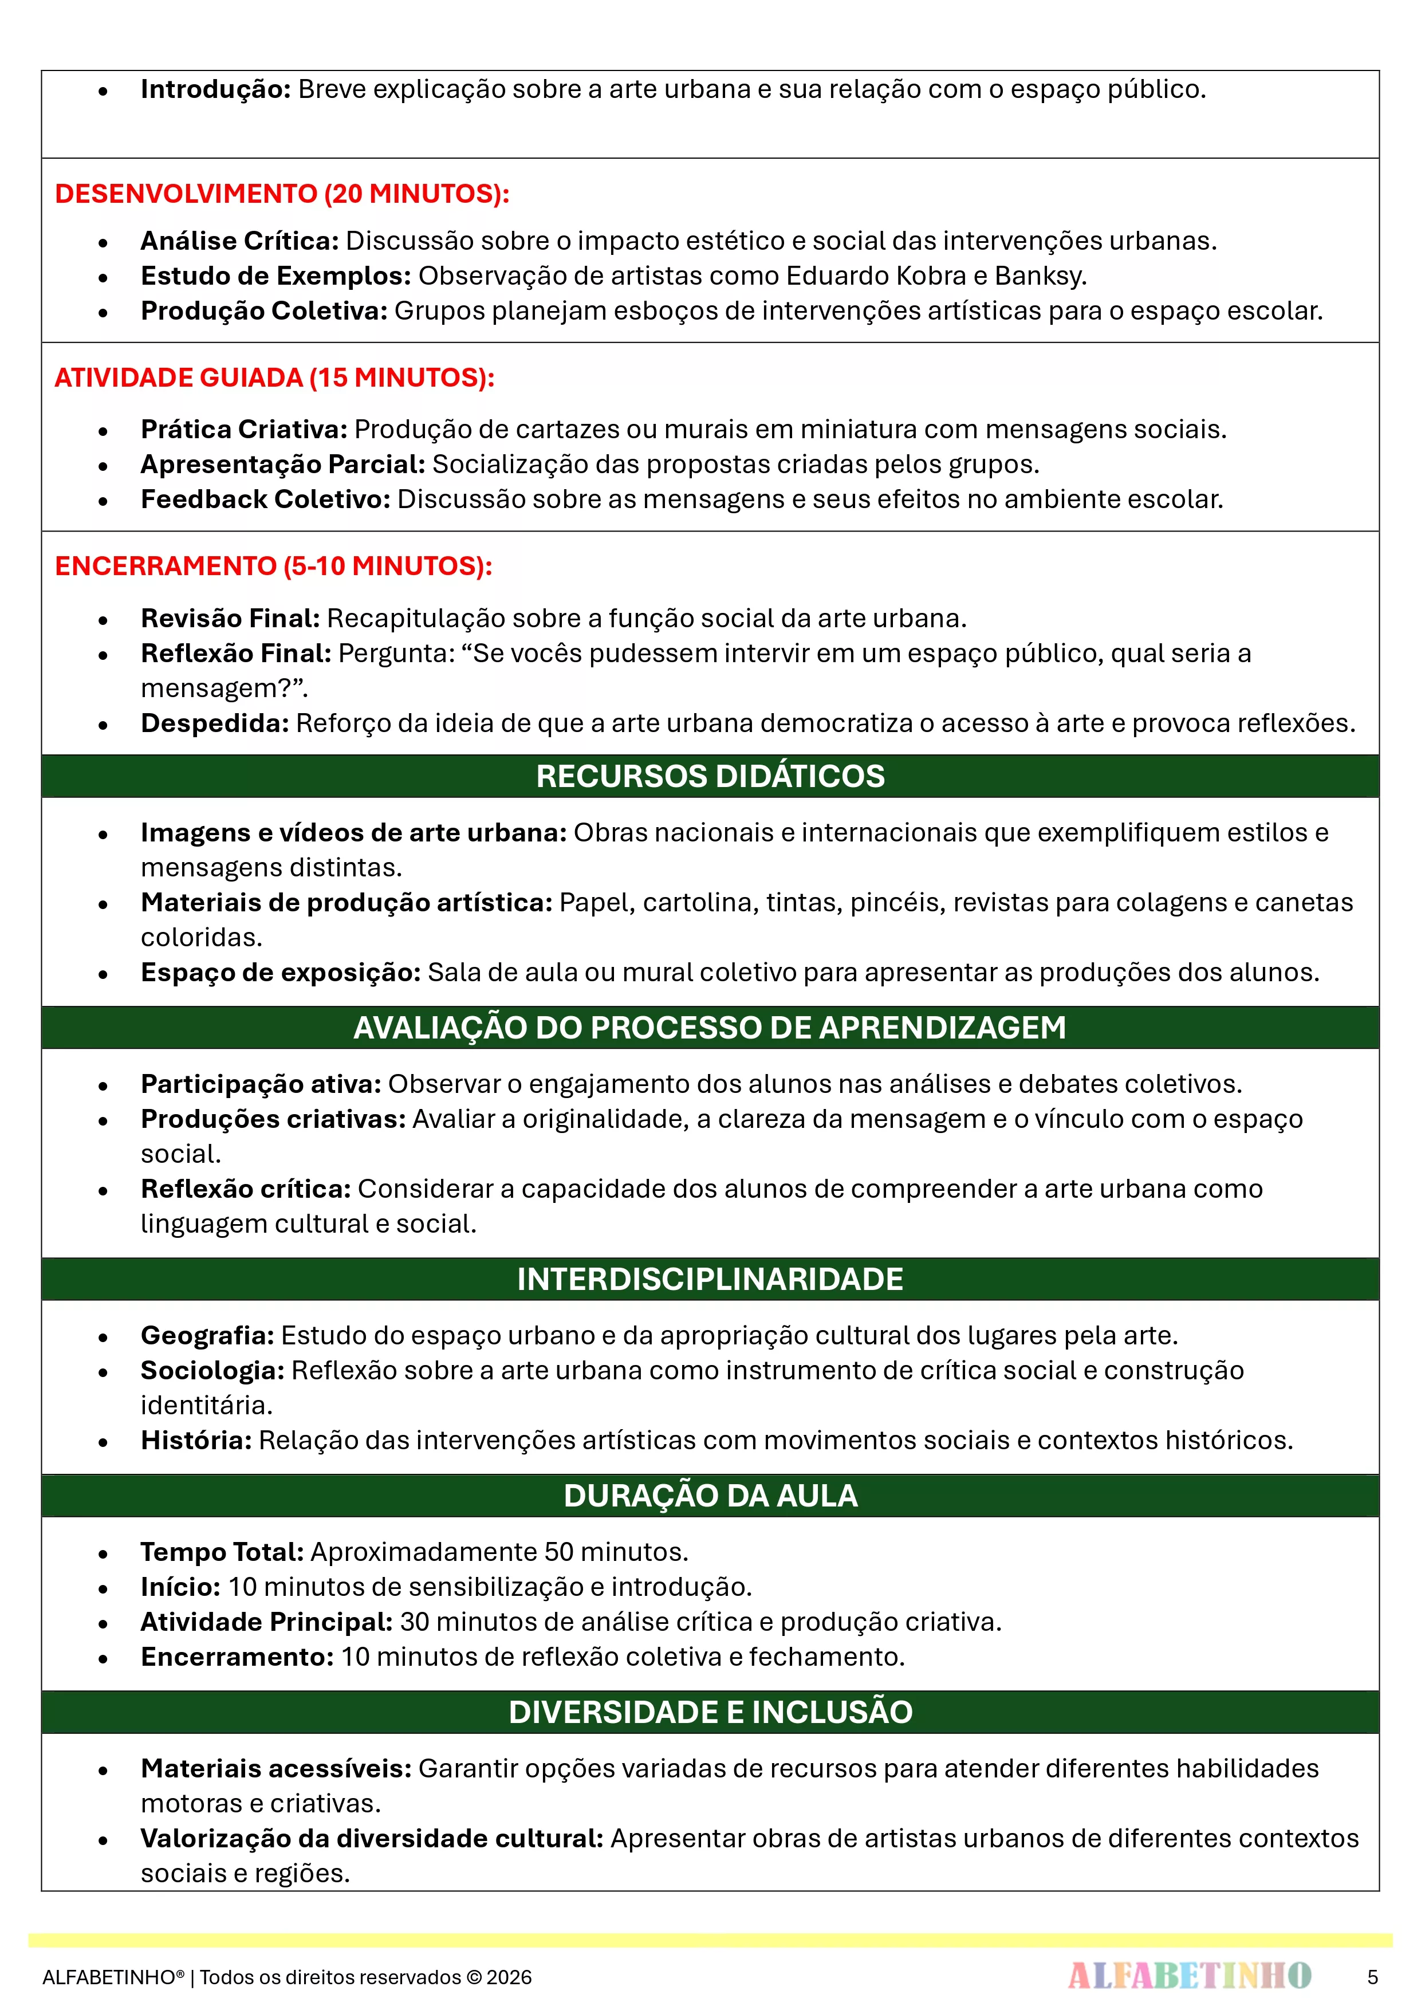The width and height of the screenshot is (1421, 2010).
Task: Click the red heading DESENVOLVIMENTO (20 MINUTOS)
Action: tap(282, 194)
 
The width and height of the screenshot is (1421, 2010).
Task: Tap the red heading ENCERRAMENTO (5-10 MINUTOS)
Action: tap(273, 567)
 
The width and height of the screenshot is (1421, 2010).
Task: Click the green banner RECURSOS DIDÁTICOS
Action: tap(710, 777)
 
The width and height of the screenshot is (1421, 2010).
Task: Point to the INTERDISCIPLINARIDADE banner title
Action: tap(710, 1279)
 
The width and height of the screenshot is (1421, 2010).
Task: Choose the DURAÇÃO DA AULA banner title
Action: tap(710, 1496)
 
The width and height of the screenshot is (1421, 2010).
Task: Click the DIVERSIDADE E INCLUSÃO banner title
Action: tap(710, 1712)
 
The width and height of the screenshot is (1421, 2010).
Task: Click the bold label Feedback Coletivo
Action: tap(265, 499)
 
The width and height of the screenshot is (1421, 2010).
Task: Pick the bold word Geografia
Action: tap(207, 1335)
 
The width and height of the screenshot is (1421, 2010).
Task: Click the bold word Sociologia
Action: tap(212, 1370)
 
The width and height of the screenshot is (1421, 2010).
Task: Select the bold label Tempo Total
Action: tap(222, 1552)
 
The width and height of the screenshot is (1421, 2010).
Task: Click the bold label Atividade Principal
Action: tap(266, 1622)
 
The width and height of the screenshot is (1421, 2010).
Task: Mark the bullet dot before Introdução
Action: tap(103, 91)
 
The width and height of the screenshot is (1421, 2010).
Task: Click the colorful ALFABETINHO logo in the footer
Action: tap(1190, 1976)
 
